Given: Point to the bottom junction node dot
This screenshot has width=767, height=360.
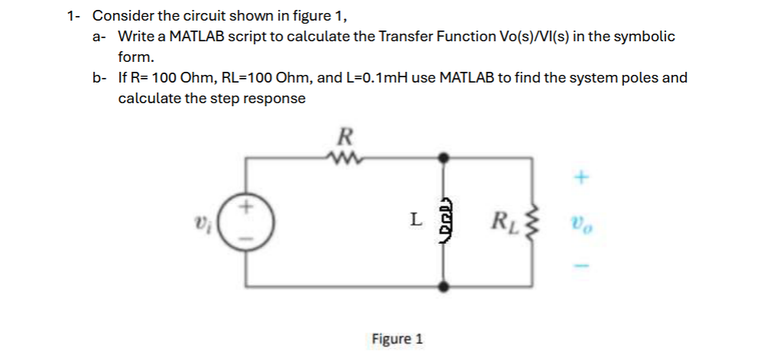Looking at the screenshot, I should pos(444,287).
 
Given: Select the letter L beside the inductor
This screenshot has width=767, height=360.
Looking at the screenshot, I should pos(414,220).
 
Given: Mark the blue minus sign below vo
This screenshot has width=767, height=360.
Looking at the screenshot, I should pos(581,266).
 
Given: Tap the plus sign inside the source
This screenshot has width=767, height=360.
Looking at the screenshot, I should pos(246,207).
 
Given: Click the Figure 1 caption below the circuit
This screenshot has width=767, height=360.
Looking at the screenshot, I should pos(396,338).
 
